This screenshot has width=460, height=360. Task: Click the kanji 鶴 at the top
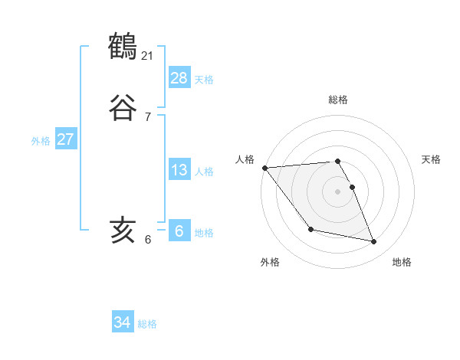click(x=123, y=47)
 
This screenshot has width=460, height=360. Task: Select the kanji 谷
click(x=123, y=108)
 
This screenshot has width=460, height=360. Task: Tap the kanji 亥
click(x=123, y=230)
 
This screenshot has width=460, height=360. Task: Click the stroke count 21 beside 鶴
click(x=148, y=55)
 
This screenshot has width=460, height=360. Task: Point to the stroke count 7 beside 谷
click(x=148, y=116)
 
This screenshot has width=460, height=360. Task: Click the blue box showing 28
click(x=179, y=78)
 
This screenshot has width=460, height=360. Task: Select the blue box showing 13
click(x=179, y=170)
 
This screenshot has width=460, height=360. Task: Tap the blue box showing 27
click(x=65, y=139)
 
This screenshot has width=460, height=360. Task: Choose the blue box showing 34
click(x=122, y=322)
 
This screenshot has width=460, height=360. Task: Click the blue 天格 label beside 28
click(x=204, y=80)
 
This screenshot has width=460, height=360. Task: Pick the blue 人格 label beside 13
click(x=204, y=172)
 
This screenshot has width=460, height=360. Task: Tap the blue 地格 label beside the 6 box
click(x=204, y=233)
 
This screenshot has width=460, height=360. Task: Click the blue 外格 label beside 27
click(x=41, y=141)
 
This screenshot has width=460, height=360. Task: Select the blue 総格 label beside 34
click(x=147, y=324)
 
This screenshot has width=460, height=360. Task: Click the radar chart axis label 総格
click(x=338, y=100)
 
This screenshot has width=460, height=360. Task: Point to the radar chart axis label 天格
click(x=432, y=159)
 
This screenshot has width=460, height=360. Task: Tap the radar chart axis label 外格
click(x=270, y=262)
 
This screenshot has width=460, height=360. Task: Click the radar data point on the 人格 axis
click(x=264, y=168)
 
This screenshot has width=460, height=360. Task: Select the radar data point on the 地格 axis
click(x=374, y=242)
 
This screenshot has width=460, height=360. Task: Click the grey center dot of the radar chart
click(x=338, y=191)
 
